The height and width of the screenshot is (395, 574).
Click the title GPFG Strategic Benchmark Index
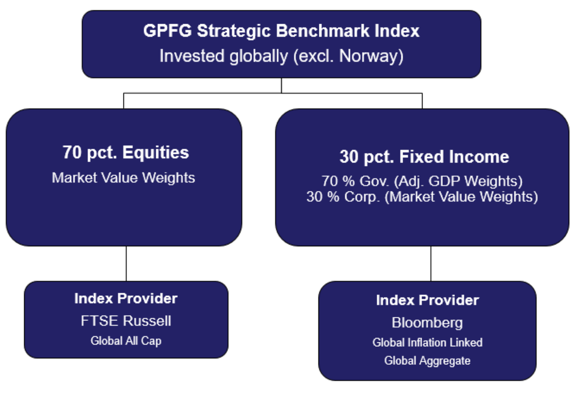(281, 31)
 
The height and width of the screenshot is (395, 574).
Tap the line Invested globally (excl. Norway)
(281, 56)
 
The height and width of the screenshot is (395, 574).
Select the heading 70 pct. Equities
(126, 152)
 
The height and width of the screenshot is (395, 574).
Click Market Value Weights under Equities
(124, 178)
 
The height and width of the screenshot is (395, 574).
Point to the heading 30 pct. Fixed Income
(424, 157)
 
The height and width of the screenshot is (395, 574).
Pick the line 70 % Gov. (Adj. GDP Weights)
(422, 181)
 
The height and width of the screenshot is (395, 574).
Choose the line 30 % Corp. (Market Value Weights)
(422, 197)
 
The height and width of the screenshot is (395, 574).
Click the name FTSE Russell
(126, 321)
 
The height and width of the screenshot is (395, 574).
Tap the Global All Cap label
(126, 340)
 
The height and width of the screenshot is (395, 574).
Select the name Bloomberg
(427, 323)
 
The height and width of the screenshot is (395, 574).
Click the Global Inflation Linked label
(427, 342)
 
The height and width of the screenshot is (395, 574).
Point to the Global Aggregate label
(427, 361)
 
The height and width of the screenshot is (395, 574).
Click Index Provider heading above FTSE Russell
(126, 298)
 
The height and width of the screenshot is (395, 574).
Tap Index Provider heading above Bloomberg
(427, 300)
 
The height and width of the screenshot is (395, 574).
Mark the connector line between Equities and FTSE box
(126, 263)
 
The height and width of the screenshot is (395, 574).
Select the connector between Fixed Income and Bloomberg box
(430, 263)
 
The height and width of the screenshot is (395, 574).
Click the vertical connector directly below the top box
(281, 85)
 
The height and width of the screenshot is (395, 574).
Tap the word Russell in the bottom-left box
(149, 321)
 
